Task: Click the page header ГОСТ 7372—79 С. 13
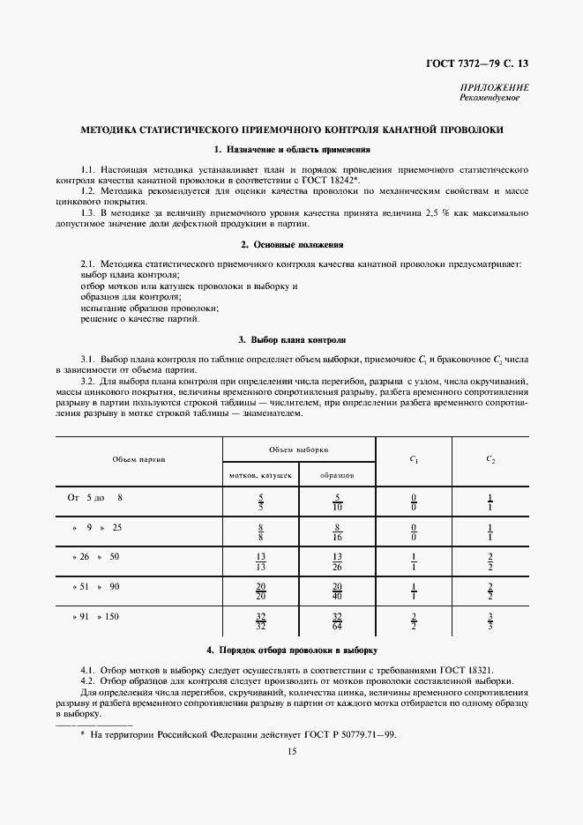[x=480, y=63]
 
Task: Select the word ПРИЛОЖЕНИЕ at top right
[x=495, y=87]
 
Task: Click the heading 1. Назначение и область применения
[x=291, y=150]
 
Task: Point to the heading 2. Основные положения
[x=291, y=244]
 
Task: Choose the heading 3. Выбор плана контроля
[x=291, y=339]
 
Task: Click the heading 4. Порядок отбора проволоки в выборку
[x=291, y=650]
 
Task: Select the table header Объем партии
[x=138, y=460]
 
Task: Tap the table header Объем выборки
[x=298, y=449]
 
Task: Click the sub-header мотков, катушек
[x=260, y=475]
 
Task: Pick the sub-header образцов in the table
[x=336, y=475]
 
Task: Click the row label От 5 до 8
[x=95, y=498]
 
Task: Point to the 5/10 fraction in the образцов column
[x=336, y=503]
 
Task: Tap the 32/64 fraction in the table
[x=336, y=621]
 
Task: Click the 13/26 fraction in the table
[x=336, y=562]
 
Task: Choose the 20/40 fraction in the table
[x=336, y=591]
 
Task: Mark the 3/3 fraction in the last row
[x=490, y=621]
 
